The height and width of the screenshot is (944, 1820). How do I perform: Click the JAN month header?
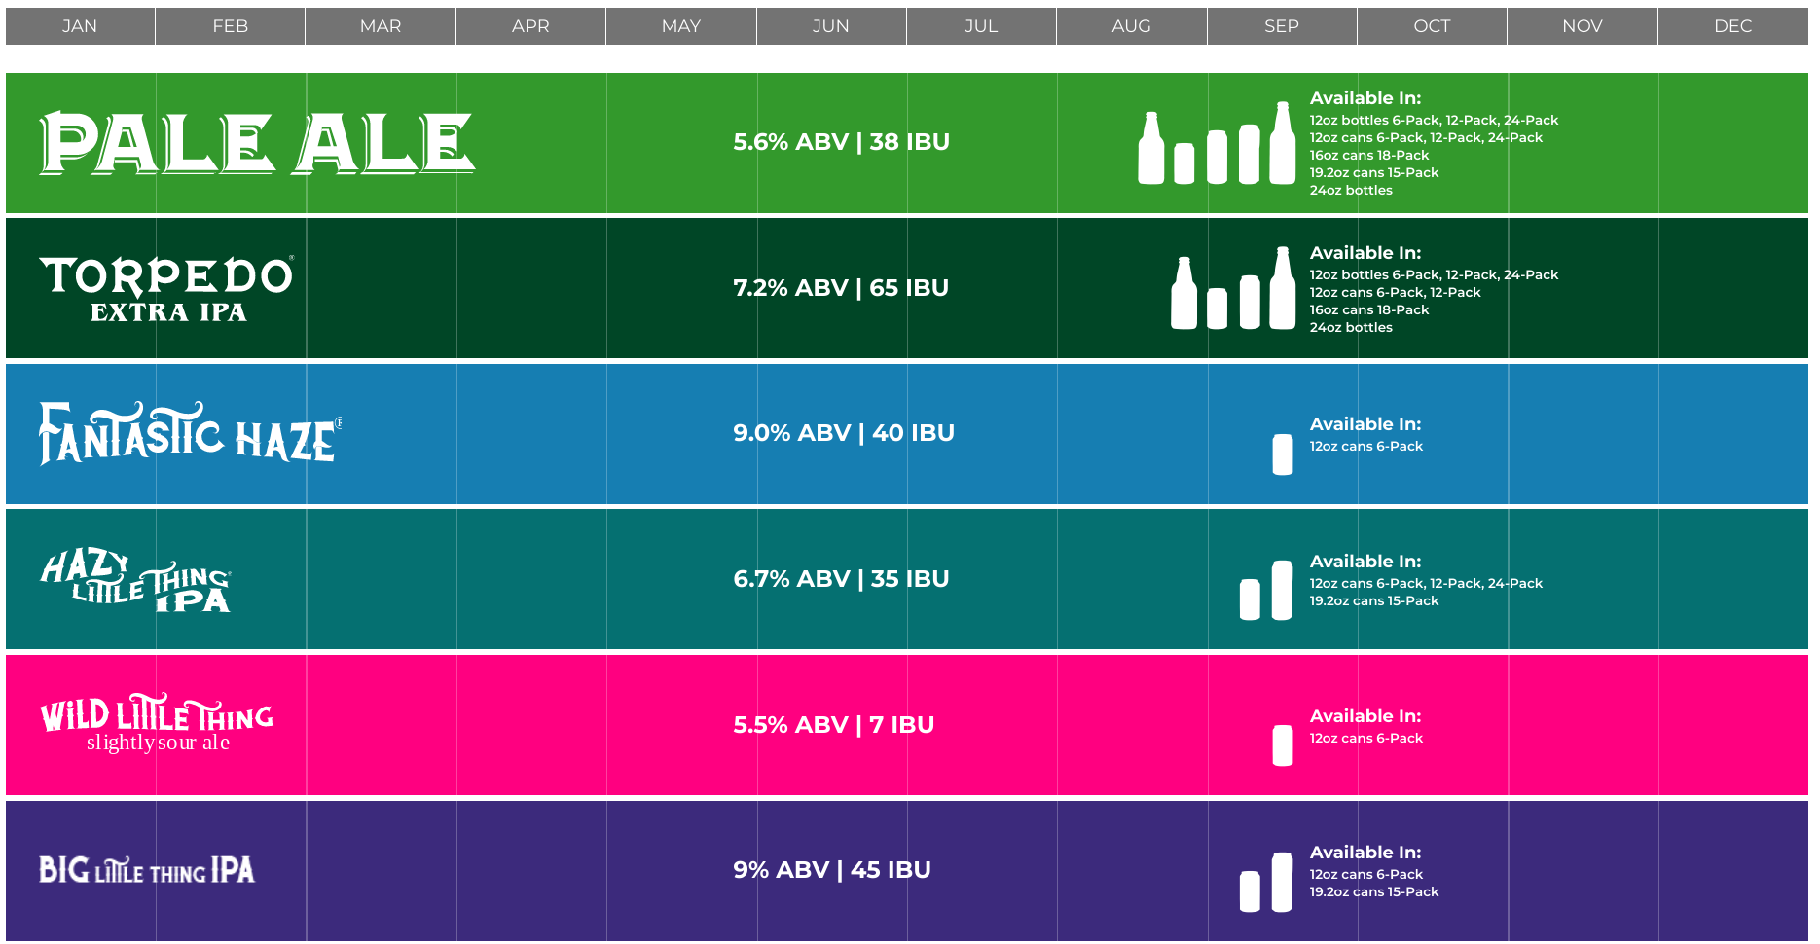(80, 26)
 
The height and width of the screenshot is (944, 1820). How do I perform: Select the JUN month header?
(831, 26)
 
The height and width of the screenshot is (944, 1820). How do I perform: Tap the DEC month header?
(1732, 26)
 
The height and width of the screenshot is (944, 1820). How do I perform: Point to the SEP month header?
(1282, 26)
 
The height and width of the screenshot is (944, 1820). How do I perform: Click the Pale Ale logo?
(257, 143)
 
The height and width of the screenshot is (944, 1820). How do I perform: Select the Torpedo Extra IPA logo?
(166, 288)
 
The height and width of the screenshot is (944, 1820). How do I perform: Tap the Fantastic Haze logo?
(191, 433)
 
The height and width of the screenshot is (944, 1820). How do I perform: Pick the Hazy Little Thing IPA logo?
(136, 580)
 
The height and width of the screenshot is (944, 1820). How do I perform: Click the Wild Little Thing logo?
(157, 724)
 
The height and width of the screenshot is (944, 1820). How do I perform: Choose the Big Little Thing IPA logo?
(147, 870)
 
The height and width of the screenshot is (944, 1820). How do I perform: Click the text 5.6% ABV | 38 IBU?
(841, 142)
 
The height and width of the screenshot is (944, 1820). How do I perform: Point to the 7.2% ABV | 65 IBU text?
(841, 288)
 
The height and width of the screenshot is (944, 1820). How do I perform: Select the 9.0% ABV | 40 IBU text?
(844, 433)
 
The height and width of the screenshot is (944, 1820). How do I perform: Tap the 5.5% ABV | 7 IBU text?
(833, 725)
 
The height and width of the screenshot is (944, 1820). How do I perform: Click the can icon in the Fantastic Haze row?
(1283, 454)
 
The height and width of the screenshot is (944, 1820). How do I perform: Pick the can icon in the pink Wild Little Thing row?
(1283, 745)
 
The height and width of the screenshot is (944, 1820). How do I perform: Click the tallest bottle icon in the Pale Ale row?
(1283, 143)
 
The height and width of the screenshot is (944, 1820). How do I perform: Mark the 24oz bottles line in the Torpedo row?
(1351, 328)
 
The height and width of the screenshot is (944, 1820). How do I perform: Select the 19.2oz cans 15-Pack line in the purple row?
(1373, 892)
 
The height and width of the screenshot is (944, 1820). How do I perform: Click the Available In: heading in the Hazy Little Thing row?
(1365, 562)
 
